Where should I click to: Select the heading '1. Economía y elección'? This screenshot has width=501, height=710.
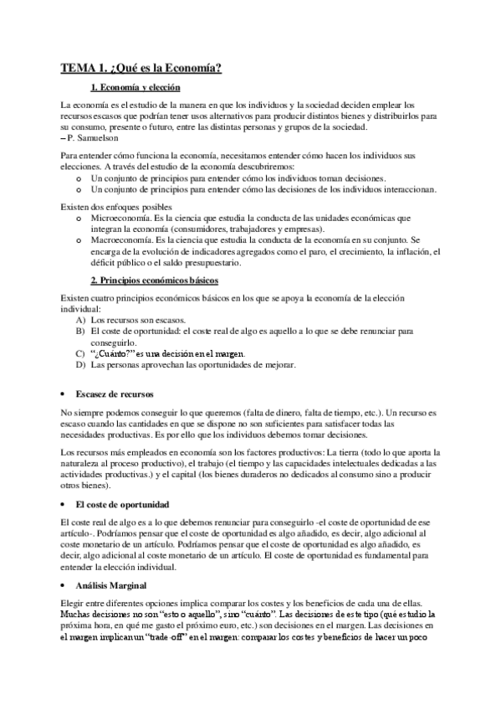pyautogui.click(x=135, y=88)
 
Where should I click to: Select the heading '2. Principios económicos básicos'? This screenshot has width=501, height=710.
pyautogui.click(x=154, y=280)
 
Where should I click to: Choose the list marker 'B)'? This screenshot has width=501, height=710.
pyautogui.click(x=80, y=332)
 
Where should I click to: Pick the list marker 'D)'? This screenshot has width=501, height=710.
pyautogui.click(x=80, y=365)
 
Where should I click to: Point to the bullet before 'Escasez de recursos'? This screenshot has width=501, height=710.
pyautogui.click(x=64, y=394)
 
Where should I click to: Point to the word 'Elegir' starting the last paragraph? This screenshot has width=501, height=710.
pyautogui.click(x=74, y=603)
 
